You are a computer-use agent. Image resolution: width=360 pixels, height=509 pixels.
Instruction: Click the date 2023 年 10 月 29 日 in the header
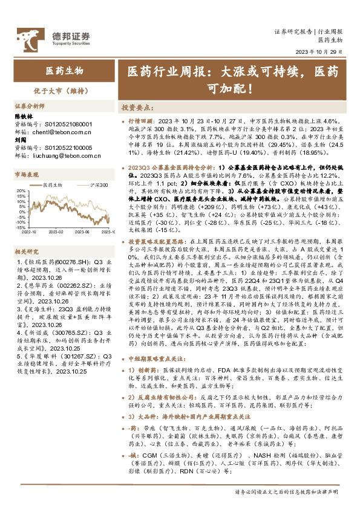(322, 51)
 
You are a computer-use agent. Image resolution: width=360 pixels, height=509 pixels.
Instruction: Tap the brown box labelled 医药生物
(65, 72)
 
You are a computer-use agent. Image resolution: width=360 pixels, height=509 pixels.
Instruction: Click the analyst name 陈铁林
(23, 115)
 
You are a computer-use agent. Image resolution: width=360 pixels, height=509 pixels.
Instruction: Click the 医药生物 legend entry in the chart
(53, 184)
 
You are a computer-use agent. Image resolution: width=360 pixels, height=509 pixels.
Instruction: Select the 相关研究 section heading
(27, 251)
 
